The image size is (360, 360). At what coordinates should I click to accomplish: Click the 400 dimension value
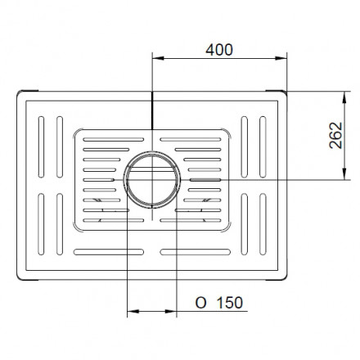[219, 50]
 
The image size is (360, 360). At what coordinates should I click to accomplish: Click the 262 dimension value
[335, 135]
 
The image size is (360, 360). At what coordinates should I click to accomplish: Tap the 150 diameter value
[230, 303]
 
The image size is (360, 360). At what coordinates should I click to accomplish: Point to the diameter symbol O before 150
[200, 303]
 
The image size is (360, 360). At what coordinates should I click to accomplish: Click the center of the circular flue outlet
[152, 180]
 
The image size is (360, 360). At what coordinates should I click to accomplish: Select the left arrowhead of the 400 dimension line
[158, 58]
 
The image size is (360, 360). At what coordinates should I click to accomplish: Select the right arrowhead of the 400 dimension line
[281, 58]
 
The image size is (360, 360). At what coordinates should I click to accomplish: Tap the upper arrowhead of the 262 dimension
[344, 97]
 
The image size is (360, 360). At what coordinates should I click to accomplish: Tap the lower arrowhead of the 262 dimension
[344, 174]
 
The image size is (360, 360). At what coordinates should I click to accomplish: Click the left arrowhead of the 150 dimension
[133, 311]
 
